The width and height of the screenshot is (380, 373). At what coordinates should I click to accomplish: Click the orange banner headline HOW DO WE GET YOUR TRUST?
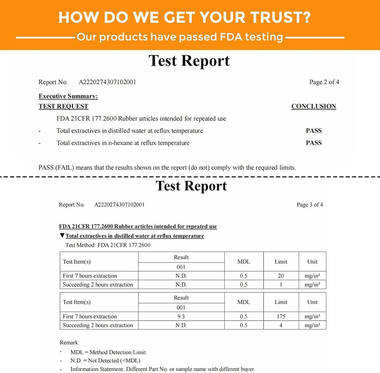184,17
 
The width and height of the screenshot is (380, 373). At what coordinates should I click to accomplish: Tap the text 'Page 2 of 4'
324,82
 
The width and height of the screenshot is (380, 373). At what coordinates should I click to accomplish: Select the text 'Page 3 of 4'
310,205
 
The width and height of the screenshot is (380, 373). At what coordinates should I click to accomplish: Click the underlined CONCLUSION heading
314,106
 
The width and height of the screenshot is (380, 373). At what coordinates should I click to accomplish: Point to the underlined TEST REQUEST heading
63,106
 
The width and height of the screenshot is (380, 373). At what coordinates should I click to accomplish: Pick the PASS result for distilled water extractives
314,131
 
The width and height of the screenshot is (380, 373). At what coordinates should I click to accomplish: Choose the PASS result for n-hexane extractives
314,143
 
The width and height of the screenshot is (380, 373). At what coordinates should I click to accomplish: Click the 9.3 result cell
181,317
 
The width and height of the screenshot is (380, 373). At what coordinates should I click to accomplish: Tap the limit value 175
281,317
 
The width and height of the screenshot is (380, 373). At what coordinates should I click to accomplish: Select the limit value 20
281,276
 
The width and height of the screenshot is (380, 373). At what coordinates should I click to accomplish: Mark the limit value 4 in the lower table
281,326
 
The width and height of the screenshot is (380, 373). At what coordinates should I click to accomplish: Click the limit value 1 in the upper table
281,285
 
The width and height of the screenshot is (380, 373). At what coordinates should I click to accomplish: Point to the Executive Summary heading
68,96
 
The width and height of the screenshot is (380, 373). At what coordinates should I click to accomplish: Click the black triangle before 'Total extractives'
62,236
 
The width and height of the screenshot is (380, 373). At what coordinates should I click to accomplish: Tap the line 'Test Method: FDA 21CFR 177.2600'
108,245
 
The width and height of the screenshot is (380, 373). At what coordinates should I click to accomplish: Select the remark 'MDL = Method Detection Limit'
108,352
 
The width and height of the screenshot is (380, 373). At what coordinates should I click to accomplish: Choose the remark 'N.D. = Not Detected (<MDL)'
105,360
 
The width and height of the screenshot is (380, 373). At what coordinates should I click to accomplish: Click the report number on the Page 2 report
107,82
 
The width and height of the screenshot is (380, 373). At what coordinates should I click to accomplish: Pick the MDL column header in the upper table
244,262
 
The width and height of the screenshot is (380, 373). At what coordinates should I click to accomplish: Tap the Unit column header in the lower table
312,302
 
